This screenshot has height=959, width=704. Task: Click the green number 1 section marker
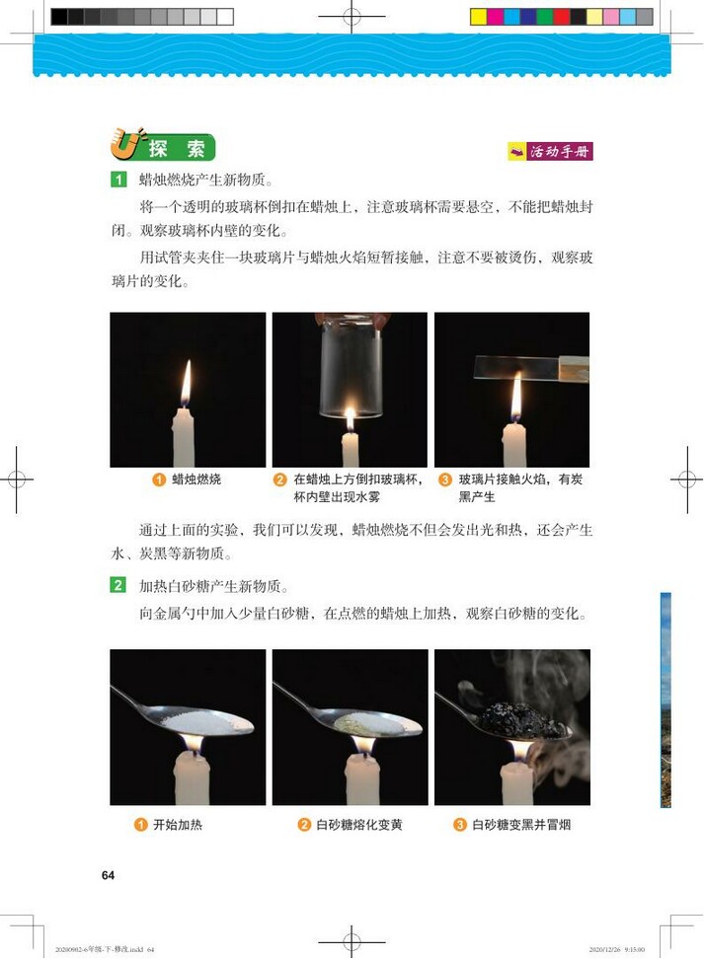pyautogui.click(x=118, y=180)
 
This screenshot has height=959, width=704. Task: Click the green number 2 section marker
pyautogui.click(x=118, y=586)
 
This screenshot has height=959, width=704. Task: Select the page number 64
pyautogui.click(x=109, y=875)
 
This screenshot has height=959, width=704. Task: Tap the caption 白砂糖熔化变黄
pyautogui.click(x=358, y=825)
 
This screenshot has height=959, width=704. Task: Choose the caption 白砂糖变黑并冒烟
pyautogui.click(x=521, y=825)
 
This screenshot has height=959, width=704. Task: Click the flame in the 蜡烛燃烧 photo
pyautogui.click(x=186, y=384)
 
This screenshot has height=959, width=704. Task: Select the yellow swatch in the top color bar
pyautogui.click(x=479, y=17)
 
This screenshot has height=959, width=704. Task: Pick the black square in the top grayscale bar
pyautogui.click(x=59, y=17)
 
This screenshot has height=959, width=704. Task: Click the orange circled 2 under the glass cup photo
pyautogui.click(x=280, y=480)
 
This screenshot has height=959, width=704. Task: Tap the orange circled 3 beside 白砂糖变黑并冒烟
pyautogui.click(x=460, y=825)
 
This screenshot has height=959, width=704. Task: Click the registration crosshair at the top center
pyautogui.click(x=352, y=16)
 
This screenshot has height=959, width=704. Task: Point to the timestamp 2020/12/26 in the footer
pyautogui.click(x=604, y=949)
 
